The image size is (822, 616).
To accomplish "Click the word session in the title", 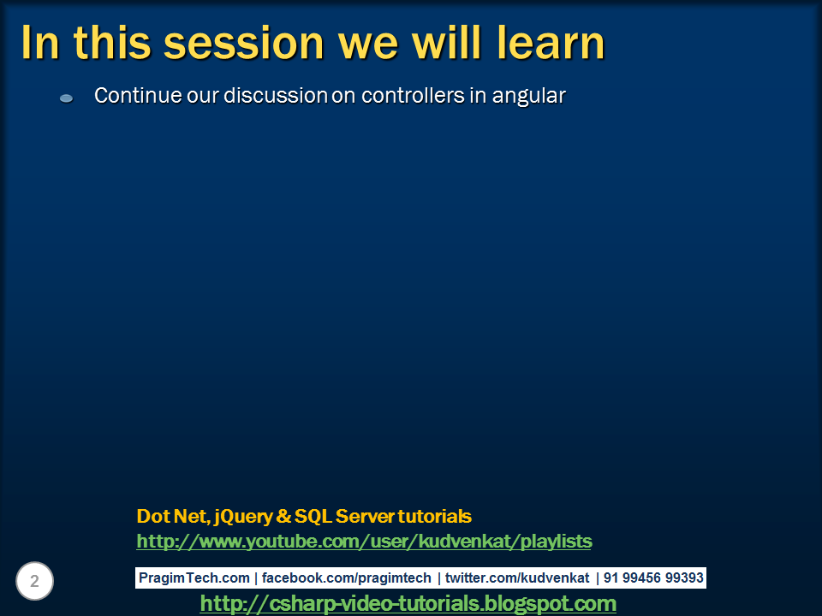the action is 244,43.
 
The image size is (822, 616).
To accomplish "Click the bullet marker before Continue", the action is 66,98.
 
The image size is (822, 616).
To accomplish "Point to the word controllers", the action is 413,95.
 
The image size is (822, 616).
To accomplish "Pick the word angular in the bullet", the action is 529,97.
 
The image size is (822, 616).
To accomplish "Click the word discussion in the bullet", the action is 276,95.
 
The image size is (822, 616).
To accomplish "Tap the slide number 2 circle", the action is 34,581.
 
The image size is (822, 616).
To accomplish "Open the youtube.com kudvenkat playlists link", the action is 365,541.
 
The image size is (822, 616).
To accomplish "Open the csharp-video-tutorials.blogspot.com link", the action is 408,603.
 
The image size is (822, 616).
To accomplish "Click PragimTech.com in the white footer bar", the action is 194,577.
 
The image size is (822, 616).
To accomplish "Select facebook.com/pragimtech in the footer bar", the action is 347,577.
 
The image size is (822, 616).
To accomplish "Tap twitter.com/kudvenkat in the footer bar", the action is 517,577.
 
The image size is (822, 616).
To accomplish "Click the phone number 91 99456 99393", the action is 653,577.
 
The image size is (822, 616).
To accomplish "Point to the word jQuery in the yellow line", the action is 243,517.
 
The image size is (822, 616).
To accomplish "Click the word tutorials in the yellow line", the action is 435,516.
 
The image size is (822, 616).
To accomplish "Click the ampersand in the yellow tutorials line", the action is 283,516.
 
